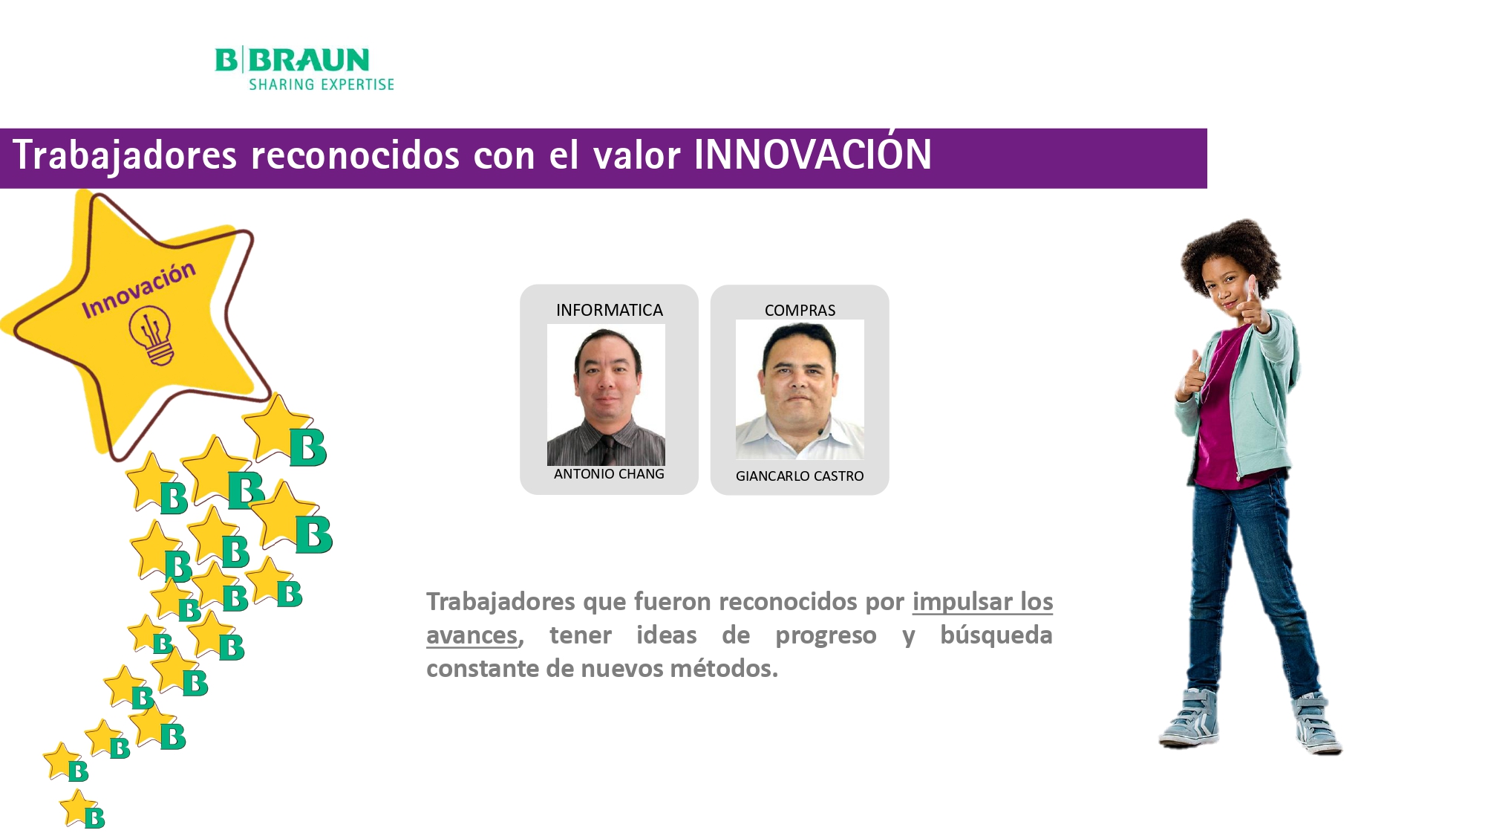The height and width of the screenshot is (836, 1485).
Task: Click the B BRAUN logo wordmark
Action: click(293, 59)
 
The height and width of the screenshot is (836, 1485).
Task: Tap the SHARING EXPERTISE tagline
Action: click(322, 85)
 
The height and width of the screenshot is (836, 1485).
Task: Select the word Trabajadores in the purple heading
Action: click(125, 155)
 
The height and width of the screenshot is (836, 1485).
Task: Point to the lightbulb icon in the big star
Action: click(151, 336)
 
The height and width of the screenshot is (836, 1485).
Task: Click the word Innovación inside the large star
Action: click(139, 289)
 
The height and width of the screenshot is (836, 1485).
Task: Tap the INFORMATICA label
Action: click(610, 310)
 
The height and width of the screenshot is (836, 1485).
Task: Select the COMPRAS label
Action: click(800, 311)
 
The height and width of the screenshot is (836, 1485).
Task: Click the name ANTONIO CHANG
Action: click(609, 474)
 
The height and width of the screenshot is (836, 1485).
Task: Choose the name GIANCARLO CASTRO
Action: click(800, 476)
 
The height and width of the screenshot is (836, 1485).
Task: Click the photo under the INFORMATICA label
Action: click(606, 395)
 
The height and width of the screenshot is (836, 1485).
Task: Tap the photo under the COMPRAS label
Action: click(800, 389)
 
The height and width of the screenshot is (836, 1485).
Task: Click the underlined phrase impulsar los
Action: click(982, 601)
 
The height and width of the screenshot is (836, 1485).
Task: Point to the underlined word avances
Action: click(472, 635)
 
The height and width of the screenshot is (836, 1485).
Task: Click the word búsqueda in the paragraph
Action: click(996, 635)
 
